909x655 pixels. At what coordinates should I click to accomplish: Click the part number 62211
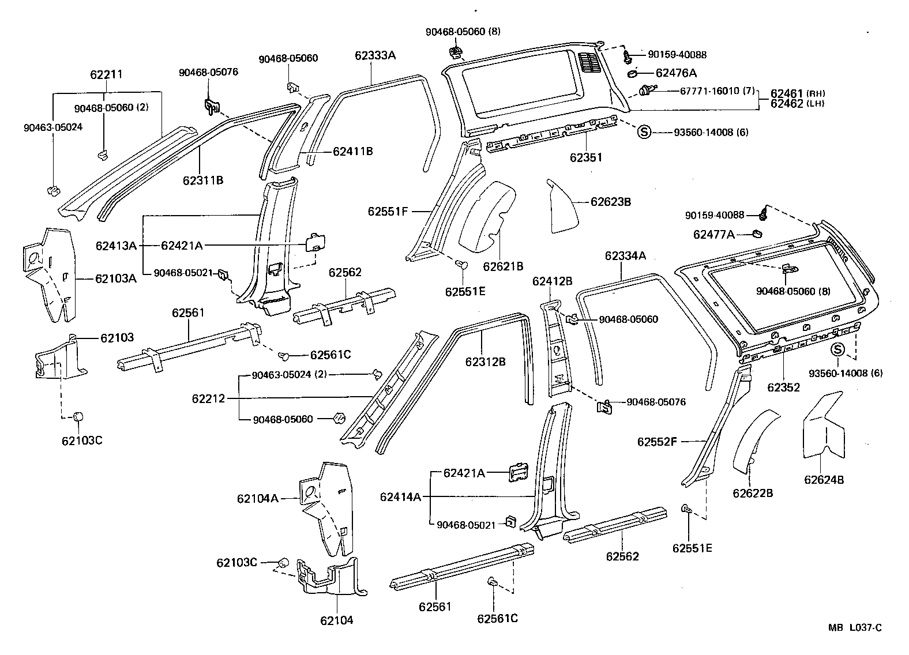[106, 74]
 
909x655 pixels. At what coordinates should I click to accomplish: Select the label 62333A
[375, 55]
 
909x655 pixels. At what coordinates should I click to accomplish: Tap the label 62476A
[676, 73]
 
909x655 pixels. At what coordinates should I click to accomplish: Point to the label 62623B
[610, 202]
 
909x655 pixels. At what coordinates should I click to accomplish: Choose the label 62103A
[116, 279]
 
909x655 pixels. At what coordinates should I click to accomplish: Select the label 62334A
[625, 255]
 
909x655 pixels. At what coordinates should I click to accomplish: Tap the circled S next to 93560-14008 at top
[644, 132]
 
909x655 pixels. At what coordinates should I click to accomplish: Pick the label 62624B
[824, 479]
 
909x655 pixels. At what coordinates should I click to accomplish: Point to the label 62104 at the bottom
[336, 620]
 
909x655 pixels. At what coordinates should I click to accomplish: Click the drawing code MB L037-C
[855, 628]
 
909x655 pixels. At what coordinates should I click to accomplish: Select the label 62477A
[713, 234]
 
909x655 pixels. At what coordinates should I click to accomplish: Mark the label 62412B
[552, 281]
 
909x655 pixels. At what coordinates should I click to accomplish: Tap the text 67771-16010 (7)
[718, 91]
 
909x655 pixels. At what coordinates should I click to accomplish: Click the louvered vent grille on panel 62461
[588, 63]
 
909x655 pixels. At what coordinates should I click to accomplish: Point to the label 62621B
[503, 266]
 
